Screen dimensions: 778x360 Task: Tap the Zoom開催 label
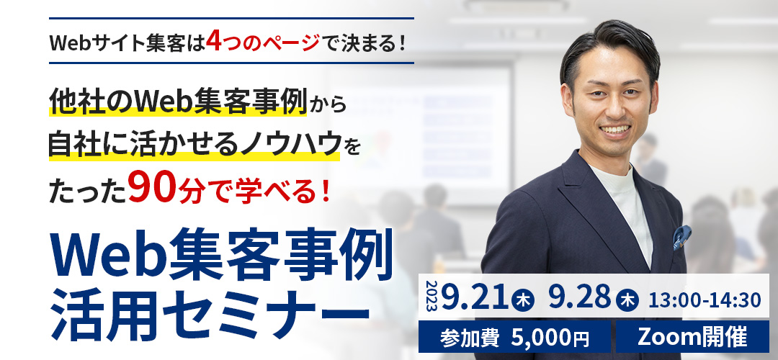[692, 338]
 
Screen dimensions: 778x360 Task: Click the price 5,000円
[549, 338]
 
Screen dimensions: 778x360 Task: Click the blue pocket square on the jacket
[682, 236]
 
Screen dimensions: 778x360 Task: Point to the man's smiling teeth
[614, 130]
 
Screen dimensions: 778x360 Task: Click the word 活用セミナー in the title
[210, 312]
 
